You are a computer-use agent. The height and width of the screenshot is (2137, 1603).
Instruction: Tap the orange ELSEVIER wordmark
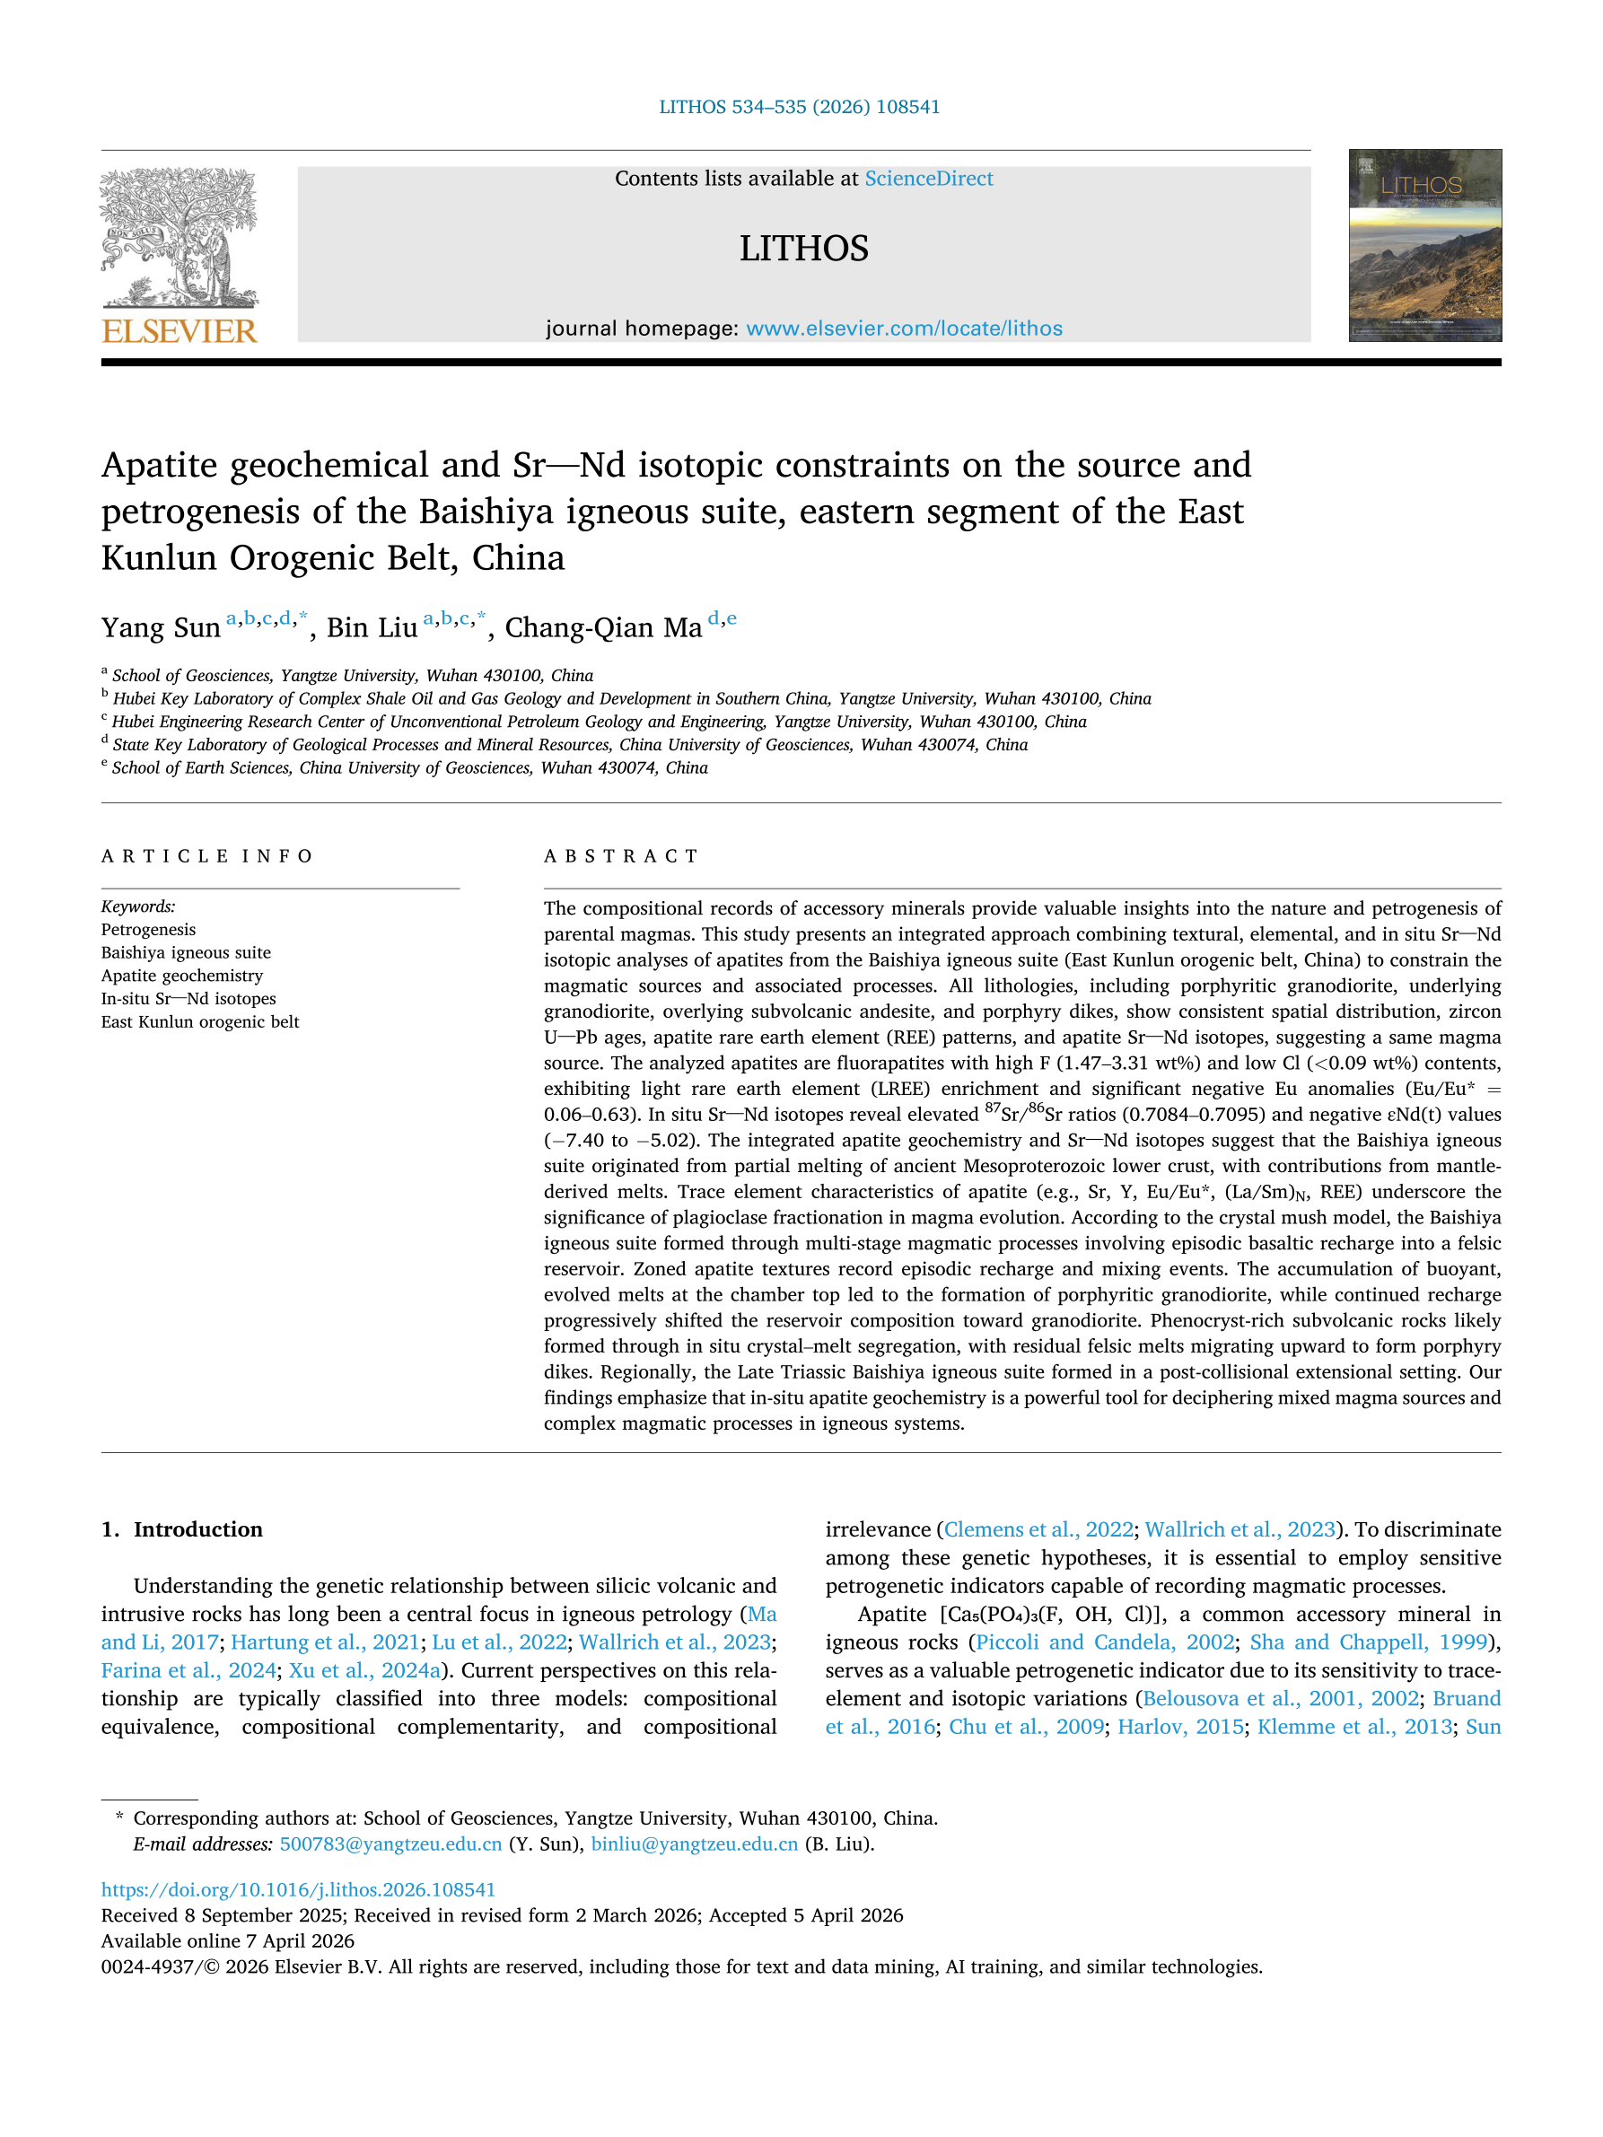pyautogui.click(x=179, y=331)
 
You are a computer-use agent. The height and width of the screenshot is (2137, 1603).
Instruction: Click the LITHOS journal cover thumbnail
pyautogui.click(x=1424, y=244)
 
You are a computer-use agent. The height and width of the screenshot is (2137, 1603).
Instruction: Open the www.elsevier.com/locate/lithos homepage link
pyautogui.click(x=904, y=328)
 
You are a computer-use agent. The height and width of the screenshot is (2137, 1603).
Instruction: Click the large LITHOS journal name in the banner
pyautogui.click(x=803, y=249)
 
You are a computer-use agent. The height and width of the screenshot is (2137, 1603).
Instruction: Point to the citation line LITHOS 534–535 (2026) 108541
pyautogui.click(x=799, y=107)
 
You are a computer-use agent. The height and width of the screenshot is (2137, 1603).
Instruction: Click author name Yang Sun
pyautogui.click(x=161, y=628)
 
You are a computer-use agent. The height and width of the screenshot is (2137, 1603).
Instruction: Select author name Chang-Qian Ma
pyautogui.click(x=603, y=628)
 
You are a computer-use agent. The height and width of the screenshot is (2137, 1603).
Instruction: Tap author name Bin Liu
pyautogui.click(x=371, y=628)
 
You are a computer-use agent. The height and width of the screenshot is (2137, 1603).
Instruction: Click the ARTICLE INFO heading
pyautogui.click(x=206, y=856)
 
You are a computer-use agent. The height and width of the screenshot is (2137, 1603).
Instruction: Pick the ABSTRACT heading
pyautogui.click(x=620, y=856)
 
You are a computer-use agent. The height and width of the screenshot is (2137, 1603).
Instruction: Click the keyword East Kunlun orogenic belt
pyautogui.click(x=200, y=1022)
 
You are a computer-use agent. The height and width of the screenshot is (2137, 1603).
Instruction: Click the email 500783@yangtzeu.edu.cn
pyautogui.click(x=390, y=1844)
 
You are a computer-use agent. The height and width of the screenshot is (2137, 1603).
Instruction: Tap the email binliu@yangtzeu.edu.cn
pyautogui.click(x=694, y=1844)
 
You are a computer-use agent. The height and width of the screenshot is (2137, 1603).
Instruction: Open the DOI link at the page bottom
pyautogui.click(x=298, y=1889)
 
